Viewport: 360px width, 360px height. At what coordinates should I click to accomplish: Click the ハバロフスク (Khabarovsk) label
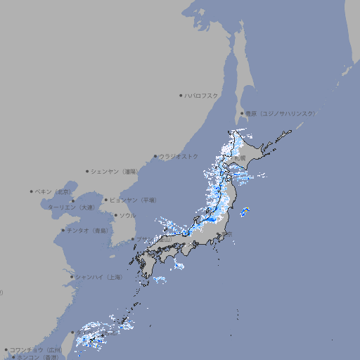202,95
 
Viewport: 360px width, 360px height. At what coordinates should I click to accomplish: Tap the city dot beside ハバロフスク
181,95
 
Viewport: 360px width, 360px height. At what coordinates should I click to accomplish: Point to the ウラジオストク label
179,156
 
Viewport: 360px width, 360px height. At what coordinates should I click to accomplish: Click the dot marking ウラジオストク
155,156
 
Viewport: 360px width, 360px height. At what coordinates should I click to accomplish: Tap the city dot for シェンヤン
88,171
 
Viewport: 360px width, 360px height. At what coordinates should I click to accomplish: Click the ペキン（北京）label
53,191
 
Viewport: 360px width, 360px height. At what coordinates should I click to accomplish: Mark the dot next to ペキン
32,191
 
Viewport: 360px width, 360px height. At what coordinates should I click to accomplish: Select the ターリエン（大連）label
70,207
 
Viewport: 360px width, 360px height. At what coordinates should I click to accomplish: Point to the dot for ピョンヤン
107,200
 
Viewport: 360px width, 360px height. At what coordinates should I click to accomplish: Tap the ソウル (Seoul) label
127,215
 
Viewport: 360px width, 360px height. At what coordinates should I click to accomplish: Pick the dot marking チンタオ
63,230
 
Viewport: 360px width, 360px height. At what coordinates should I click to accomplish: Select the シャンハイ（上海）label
98,277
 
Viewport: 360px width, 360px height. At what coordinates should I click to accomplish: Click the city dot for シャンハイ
72,277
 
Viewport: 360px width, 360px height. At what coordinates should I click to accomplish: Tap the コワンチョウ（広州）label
36,349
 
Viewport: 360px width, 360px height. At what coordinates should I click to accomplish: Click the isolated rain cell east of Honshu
245,212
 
